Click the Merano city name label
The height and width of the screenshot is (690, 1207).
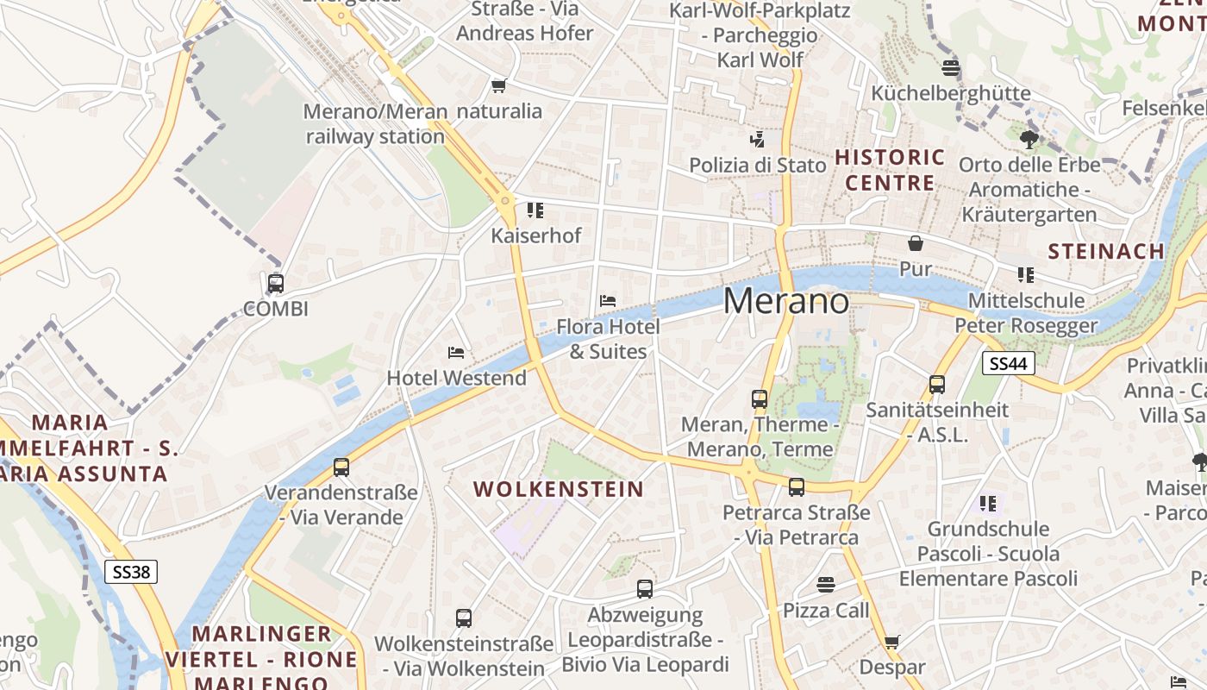785,300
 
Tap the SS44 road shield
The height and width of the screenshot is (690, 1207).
1008,363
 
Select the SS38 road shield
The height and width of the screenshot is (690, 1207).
131,571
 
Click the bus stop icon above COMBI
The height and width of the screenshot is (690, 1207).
276,283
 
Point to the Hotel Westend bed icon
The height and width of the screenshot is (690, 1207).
456,352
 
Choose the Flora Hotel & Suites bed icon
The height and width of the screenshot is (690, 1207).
608,301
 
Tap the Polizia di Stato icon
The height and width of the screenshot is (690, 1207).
757,139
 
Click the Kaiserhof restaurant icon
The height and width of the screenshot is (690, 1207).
535,210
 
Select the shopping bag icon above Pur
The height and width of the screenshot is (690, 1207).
915,243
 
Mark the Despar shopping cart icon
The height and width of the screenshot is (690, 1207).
891,642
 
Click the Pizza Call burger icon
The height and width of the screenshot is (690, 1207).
826,585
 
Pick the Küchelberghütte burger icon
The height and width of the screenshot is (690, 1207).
951,67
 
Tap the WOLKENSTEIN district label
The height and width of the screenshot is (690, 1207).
559,489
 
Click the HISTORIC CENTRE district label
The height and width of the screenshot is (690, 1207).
890,170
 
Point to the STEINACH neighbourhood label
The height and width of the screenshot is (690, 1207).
1106,251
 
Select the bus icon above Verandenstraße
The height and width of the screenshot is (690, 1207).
341,467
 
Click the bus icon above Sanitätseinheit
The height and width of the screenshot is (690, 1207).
937,385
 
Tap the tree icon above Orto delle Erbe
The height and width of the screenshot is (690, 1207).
1029,139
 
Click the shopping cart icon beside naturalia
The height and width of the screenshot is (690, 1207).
498,85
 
